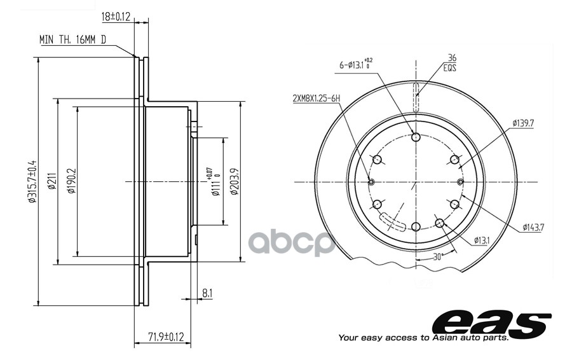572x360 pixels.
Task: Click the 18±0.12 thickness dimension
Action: (116, 17)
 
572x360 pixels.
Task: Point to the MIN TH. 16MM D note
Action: (72, 40)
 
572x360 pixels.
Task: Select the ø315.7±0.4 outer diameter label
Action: (32, 181)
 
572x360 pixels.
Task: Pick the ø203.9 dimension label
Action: (235, 181)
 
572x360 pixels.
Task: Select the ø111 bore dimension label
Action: (215, 182)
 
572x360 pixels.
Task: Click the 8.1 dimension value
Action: (207, 293)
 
